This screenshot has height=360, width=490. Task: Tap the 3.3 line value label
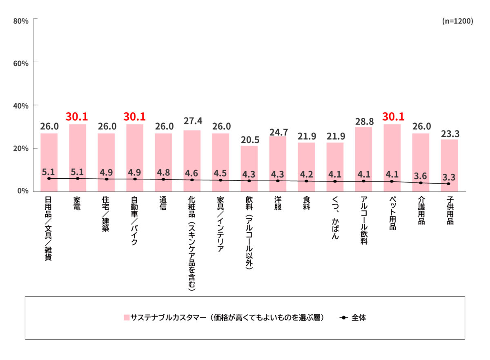tap(449, 178)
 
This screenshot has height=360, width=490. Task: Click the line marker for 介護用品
tap(421, 183)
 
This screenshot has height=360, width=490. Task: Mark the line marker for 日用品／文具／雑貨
tap(49, 178)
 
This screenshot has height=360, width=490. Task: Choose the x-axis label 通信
tap(163, 203)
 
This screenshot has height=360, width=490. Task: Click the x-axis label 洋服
tap(278, 203)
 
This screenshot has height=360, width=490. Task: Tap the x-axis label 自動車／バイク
tap(135, 221)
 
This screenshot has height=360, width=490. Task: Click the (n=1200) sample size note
tap(458, 22)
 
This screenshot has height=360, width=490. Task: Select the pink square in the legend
tap(127, 318)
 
